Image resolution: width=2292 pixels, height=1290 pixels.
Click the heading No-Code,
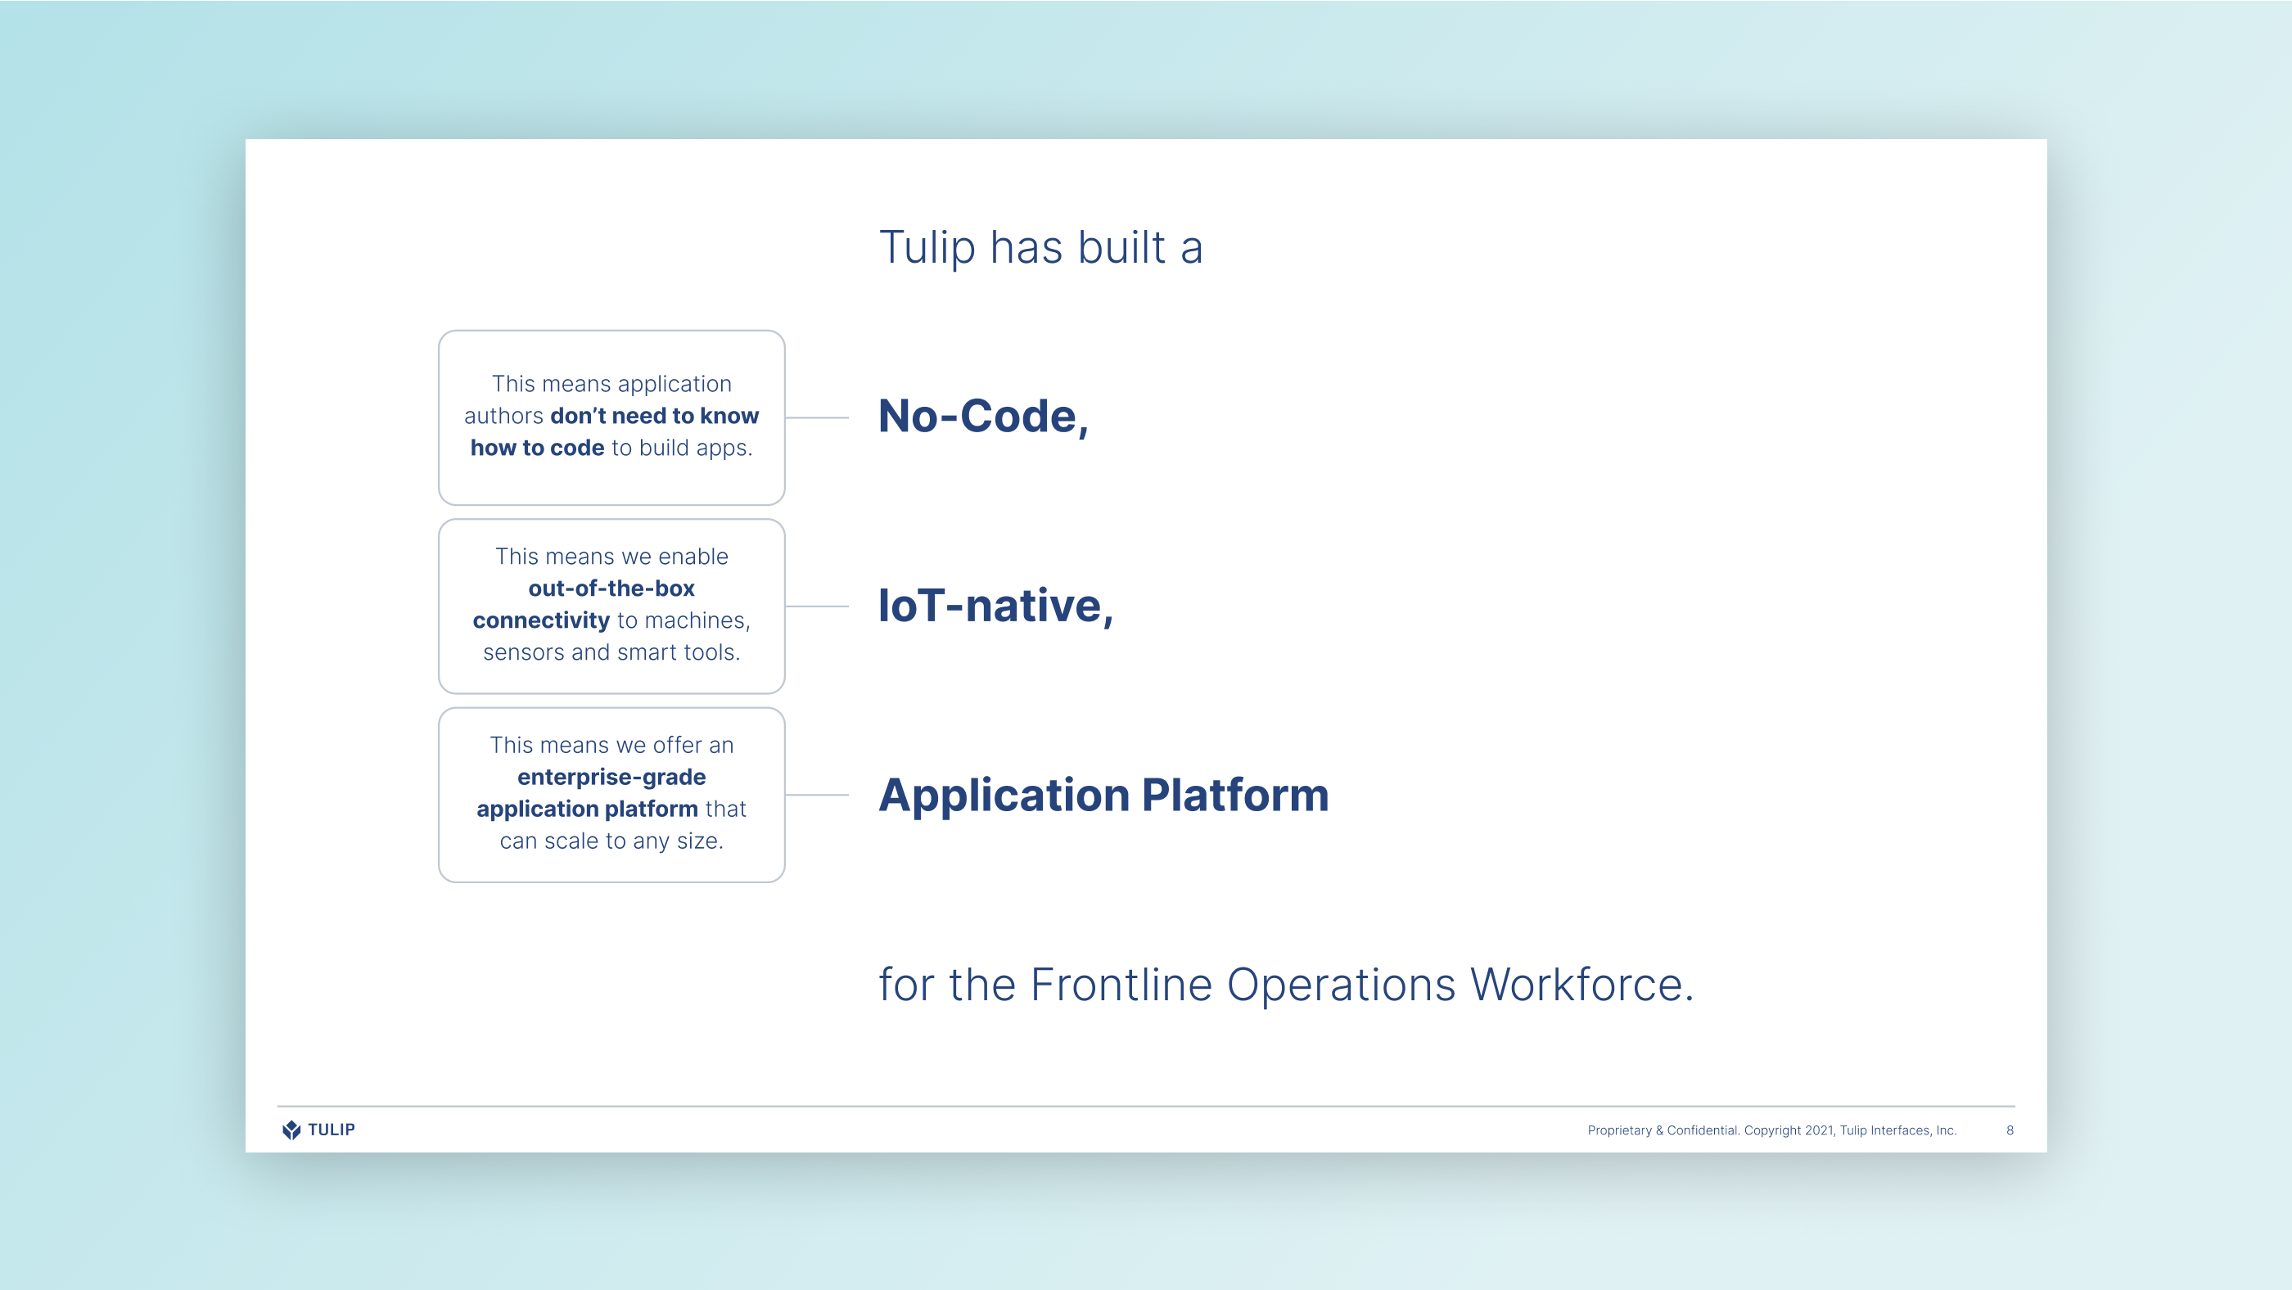point(983,417)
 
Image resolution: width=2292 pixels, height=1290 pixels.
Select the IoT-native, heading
point(995,606)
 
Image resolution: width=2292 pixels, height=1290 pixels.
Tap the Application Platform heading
point(1103,795)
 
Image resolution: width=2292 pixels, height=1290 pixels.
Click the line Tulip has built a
point(1041,247)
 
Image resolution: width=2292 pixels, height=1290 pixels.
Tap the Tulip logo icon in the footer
point(291,1130)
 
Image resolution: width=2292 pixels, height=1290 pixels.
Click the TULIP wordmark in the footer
point(331,1130)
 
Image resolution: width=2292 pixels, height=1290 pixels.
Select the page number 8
point(2010,1130)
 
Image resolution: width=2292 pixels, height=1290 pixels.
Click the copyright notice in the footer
point(1771,1130)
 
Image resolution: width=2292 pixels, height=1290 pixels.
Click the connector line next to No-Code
point(817,417)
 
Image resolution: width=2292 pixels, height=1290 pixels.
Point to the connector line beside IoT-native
point(817,606)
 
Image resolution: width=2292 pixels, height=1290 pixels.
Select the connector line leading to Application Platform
point(817,795)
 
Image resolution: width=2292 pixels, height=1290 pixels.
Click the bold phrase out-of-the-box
point(611,588)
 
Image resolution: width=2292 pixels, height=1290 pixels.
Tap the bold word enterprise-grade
point(611,777)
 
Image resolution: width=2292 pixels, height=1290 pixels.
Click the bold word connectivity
point(541,620)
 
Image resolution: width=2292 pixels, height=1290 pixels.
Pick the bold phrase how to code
point(538,448)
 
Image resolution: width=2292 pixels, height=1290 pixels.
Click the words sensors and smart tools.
point(611,652)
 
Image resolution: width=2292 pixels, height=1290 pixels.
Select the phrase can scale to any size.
point(611,841)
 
